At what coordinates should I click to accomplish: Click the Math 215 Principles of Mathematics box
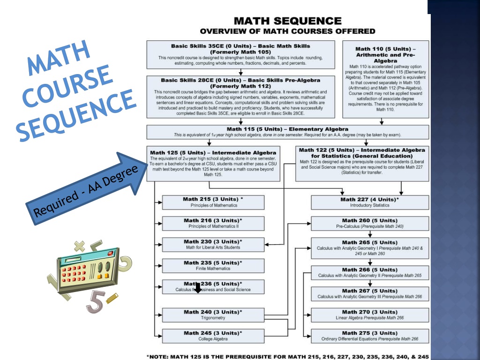point(213,202)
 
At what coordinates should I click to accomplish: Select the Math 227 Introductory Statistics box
point(370,202)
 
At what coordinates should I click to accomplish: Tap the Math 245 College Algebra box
point(213,336)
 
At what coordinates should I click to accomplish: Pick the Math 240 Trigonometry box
point(213,315)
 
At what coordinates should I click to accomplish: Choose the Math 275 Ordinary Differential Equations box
point(370,336)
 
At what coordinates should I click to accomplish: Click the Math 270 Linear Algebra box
point(370,315)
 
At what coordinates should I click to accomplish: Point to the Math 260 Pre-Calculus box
point(370,223)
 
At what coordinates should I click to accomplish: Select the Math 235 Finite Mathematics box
point(213,265)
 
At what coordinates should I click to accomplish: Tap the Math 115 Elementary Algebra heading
point(287,129)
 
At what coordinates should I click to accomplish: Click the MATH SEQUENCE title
point(287,21)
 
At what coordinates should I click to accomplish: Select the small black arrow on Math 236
point(198,288)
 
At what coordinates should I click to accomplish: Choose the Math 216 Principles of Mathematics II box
point(213,223)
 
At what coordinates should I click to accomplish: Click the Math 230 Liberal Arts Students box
point(213,244)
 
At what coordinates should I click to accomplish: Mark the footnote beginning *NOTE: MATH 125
point(287,356)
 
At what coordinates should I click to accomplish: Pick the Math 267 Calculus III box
point(370,293)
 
